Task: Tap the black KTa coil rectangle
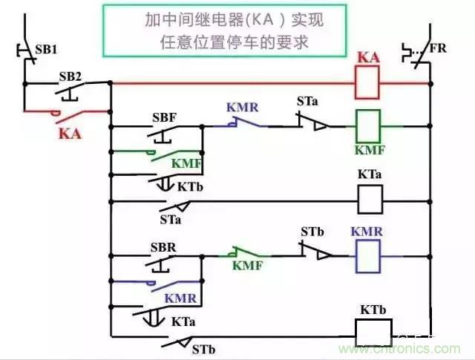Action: [x=370, y=199]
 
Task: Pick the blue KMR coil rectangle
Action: [x=369, y=257]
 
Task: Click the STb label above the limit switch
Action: [x=312, y=232]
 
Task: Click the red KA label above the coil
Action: [x=369, y=57]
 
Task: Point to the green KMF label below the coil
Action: [x=370, y=151]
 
